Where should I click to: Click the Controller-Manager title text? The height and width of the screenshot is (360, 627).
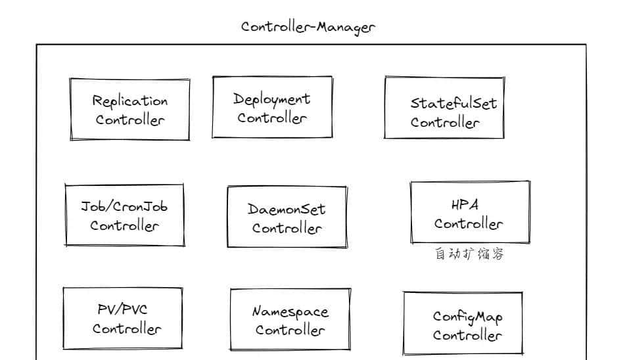(x=308, y=27)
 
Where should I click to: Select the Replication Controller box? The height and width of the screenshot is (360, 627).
(x=130, y=109)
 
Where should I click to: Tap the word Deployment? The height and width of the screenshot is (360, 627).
(x=271, y=99)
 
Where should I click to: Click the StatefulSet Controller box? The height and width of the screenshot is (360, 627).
(x=444, y=108)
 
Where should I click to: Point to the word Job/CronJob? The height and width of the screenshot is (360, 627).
(x=124, y=206)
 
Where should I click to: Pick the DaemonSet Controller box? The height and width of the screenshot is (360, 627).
(x=287, y=217)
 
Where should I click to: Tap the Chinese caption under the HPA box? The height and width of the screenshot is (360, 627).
(x=469, y=254)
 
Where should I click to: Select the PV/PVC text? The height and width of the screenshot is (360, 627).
(x=122, y=309)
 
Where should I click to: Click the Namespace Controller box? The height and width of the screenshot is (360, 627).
(x=290, y=319)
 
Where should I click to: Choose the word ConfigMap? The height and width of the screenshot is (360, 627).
(x=467, y=317)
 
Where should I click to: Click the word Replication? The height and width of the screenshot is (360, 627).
(x=130, y=101)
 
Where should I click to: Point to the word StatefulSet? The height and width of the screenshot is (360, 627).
(x=453, y=103)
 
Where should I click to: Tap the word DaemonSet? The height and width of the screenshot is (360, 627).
(x=286, y=210)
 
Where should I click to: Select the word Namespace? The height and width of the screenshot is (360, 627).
(x=290, y=312)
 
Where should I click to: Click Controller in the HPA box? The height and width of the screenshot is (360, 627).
(x=468, y=224)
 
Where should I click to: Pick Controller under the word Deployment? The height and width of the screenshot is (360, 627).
(x=272, y=118)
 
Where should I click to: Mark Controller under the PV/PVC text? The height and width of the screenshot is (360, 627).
(x=126, y=328)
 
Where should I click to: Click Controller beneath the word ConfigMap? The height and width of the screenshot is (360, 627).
(x=467, y=335)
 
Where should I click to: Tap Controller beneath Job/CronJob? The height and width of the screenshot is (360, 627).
(x=124, y=225)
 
